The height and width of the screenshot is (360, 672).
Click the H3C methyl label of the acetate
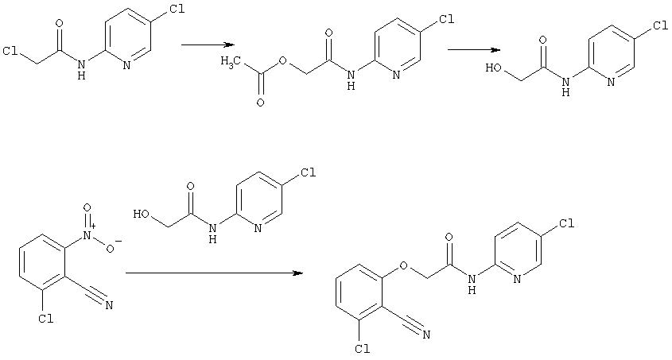coord(229,62)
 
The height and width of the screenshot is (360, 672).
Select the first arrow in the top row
coord(208,45)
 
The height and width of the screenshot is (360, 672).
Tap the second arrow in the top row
coord(474,49)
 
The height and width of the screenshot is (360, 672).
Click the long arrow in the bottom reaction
coord(214,273)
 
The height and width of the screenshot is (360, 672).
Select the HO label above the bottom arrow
coord(142,214)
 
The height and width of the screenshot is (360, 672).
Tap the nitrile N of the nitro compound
coord(109,305)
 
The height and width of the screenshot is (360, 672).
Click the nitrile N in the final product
coord(426,335)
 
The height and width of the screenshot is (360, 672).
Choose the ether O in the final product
coord(403,266)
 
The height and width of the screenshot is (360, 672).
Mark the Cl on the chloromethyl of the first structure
coord(10,51)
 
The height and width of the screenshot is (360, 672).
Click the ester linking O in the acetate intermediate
coord(282,60)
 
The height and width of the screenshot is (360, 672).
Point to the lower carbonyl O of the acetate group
coord(260,103)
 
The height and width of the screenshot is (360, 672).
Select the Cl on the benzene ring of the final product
coord(363,348)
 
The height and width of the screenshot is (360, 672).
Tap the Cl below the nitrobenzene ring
coord(45,319)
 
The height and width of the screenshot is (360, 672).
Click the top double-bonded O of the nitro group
coord(87,208)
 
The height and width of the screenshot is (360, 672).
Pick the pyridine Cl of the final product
coord(566,223)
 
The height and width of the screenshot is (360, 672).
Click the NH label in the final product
coord(472,284)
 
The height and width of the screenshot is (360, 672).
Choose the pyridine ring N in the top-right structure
coord(611,82)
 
